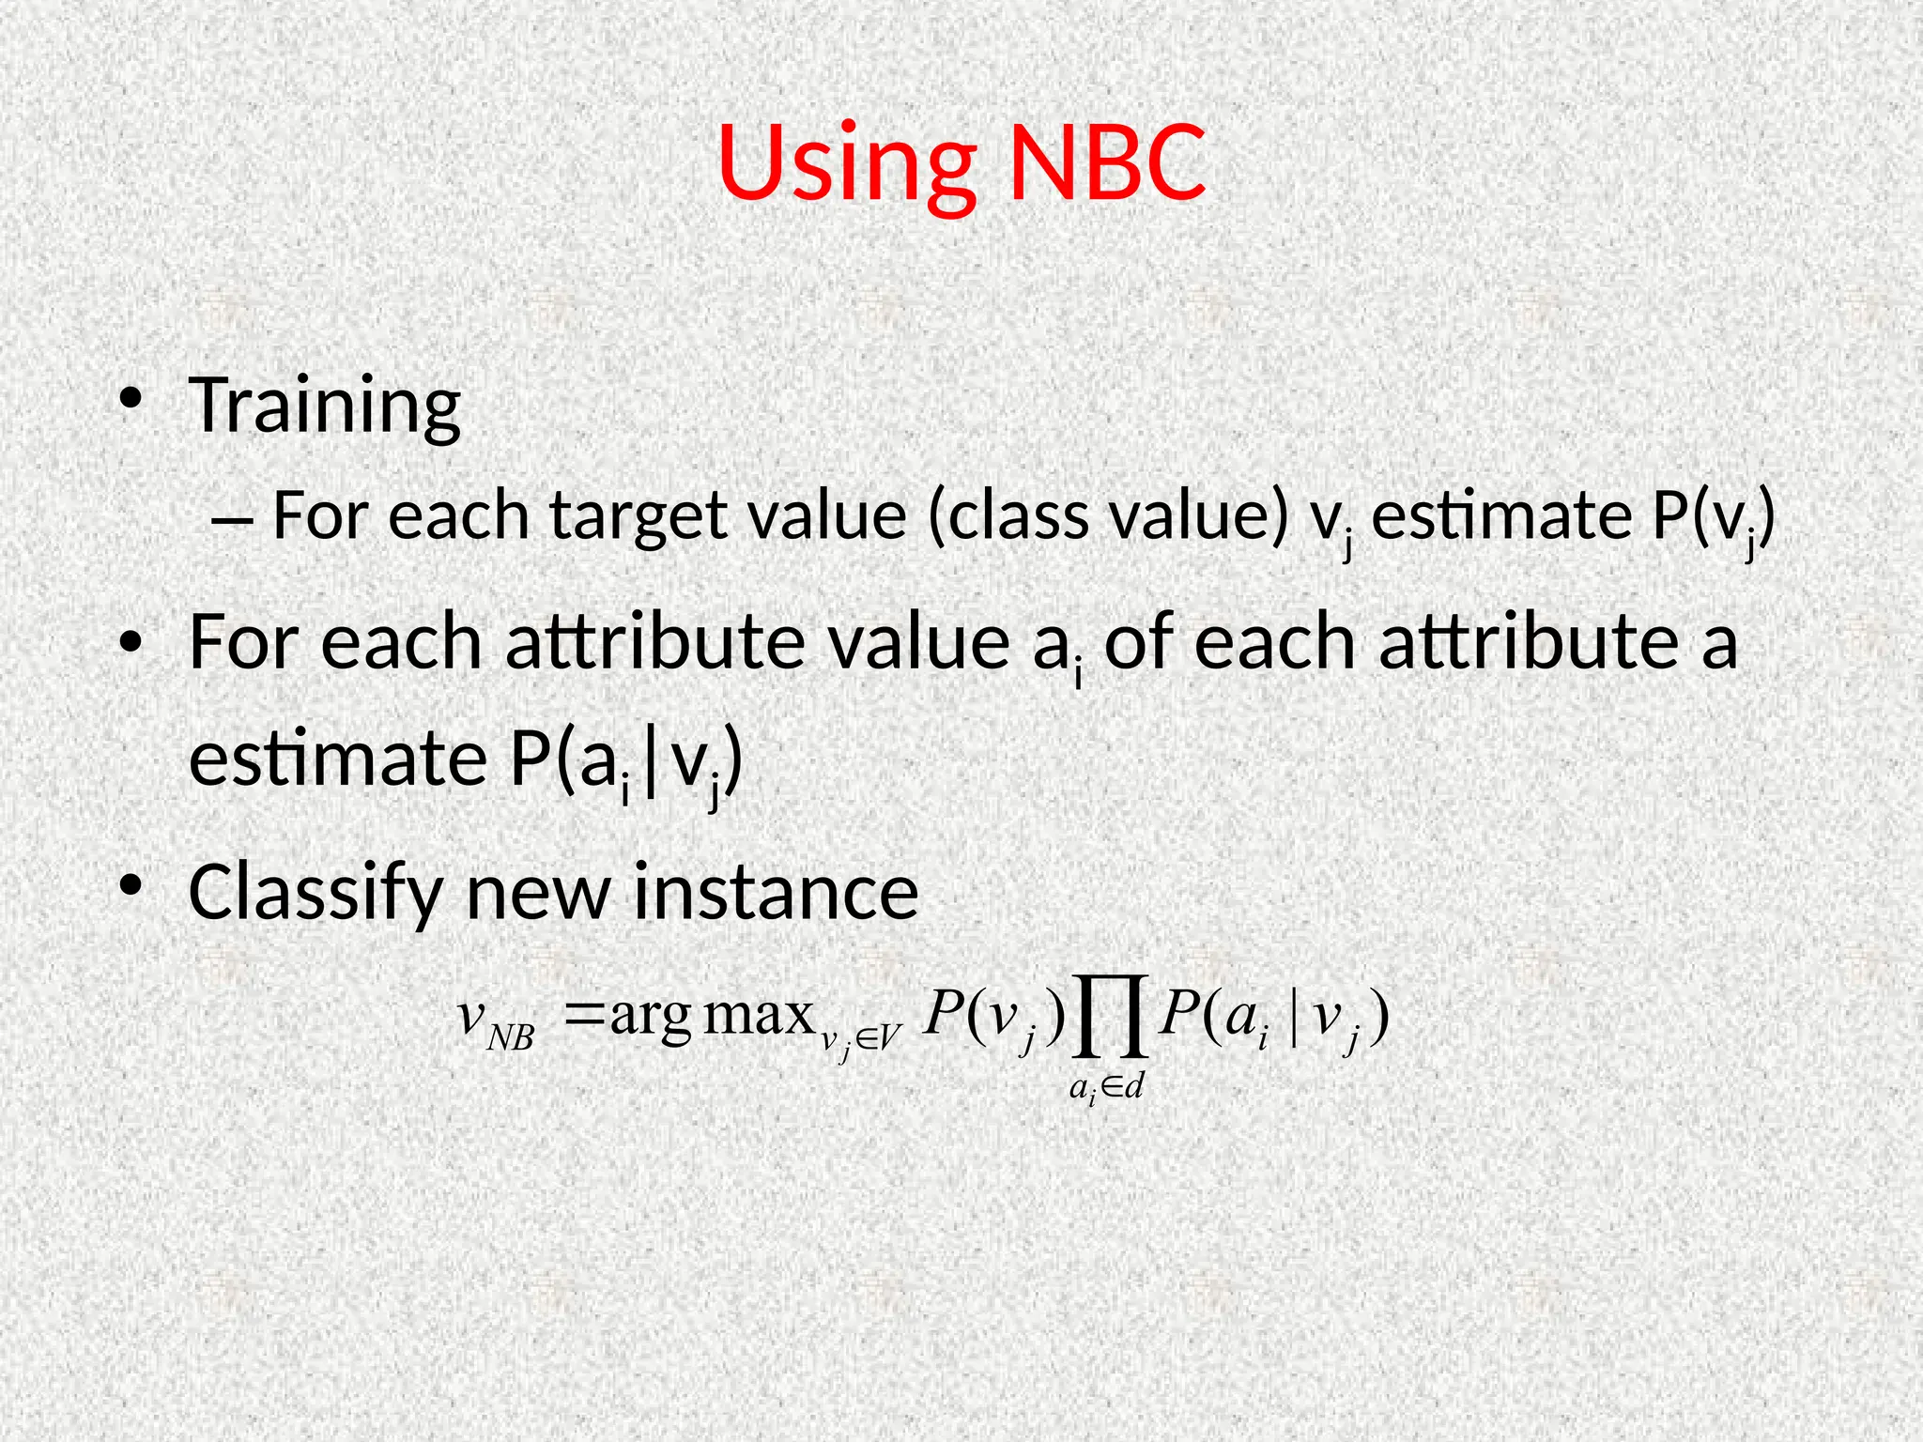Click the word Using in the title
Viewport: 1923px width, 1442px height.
tap(846, 164)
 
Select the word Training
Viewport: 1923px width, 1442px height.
tap(324, 406)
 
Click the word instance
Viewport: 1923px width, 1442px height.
tap(776, 893)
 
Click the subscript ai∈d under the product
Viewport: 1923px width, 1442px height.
tap(1106, 1088)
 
